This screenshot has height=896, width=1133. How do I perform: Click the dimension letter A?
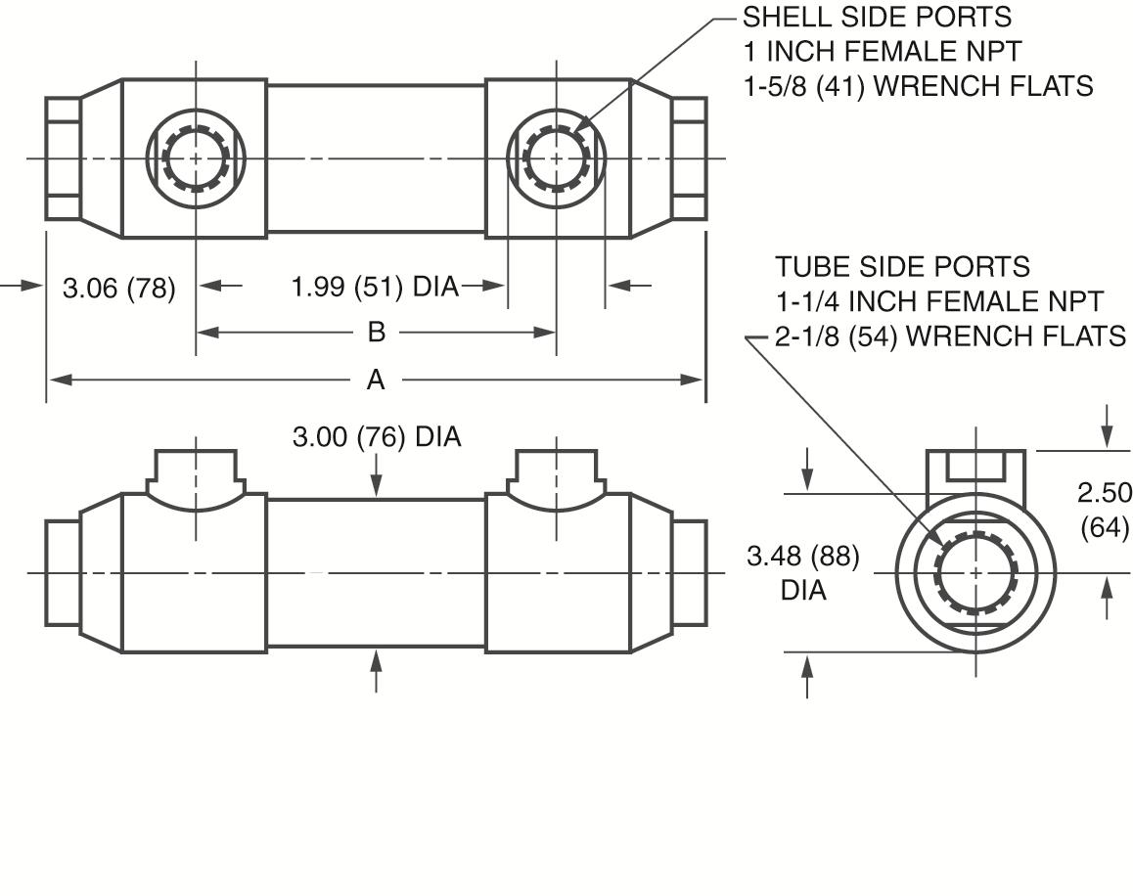coord(376,381)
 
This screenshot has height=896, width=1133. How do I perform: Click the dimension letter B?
coord(376,333)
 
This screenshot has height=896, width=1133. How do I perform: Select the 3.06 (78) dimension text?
coord(119,288)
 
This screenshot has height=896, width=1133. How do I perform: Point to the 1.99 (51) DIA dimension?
coord(376,287)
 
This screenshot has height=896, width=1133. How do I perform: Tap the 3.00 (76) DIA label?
coord(377,436)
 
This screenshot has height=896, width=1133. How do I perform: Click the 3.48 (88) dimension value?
coord(803,557)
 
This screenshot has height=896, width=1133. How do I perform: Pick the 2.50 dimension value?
coord(1104,492)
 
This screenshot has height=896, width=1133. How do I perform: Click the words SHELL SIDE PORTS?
coord(877,17)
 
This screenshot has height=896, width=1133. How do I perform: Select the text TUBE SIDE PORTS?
coord(902,266)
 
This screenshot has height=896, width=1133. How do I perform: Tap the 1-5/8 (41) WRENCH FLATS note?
coord(918,86)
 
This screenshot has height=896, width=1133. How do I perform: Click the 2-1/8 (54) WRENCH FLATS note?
coord(950,336)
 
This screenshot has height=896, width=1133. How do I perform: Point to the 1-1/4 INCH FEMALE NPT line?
coord(939,301)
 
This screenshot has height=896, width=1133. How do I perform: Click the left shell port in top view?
coord(196,157)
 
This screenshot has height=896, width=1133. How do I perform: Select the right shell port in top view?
coord(556,157)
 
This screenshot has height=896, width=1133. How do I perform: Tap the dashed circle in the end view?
coord(976,572)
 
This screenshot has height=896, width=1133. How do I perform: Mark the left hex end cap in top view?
coord(63,157)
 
